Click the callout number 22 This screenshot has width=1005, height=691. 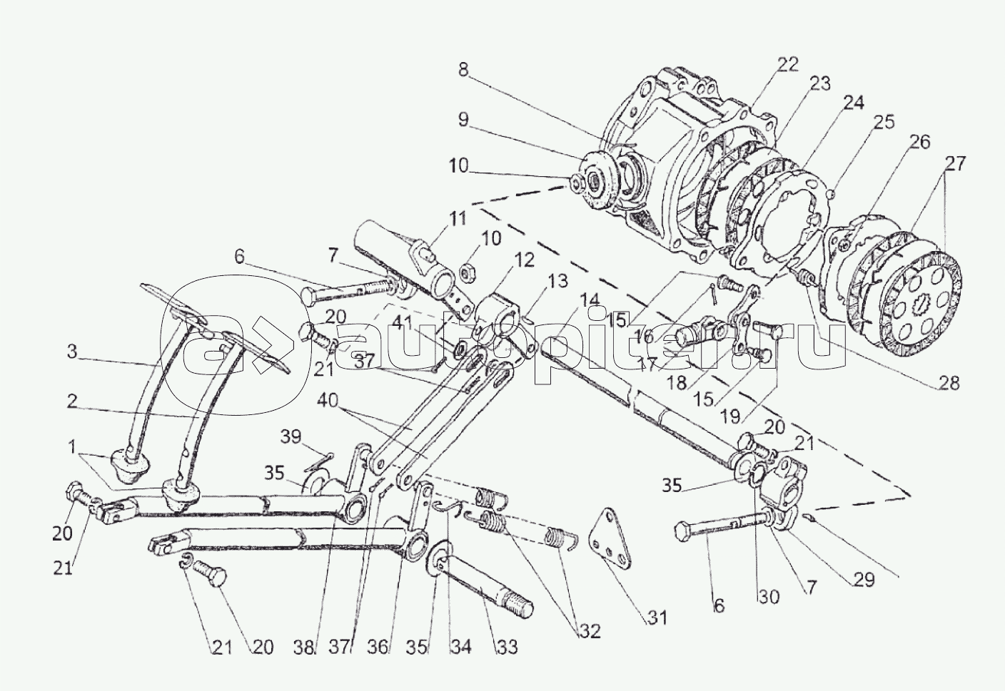click(x=788, y=65)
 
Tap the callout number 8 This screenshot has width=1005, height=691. click(x=463, y=70)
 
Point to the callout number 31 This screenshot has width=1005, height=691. click(x=657, y=618)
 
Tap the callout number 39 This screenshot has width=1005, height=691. click(x=291, y=436)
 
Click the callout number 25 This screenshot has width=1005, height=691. click(x=884, y=122)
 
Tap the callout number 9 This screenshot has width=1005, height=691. click(x=463, y=119)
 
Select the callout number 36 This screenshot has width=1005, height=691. click(x=378, y=648)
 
